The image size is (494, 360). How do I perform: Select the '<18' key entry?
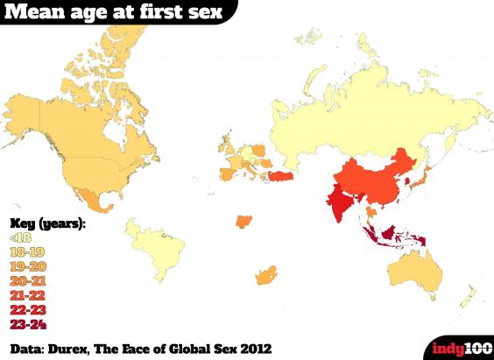pyautogui.click(x=18, y=237)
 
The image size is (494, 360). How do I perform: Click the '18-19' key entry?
pyautogui.click(x=24, y=251)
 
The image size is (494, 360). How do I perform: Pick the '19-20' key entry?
pyautogui.click(x=25, y=265)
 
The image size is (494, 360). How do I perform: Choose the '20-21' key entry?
pyautogui.click(x=24, y=280)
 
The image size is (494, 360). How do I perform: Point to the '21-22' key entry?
pyautogui.click(x=24, y=295)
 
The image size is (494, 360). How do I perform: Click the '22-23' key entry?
pyautogui.click(x=25, y=309)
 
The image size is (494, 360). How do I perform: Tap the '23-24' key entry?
pyautogui.click(x=25, y=324)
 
